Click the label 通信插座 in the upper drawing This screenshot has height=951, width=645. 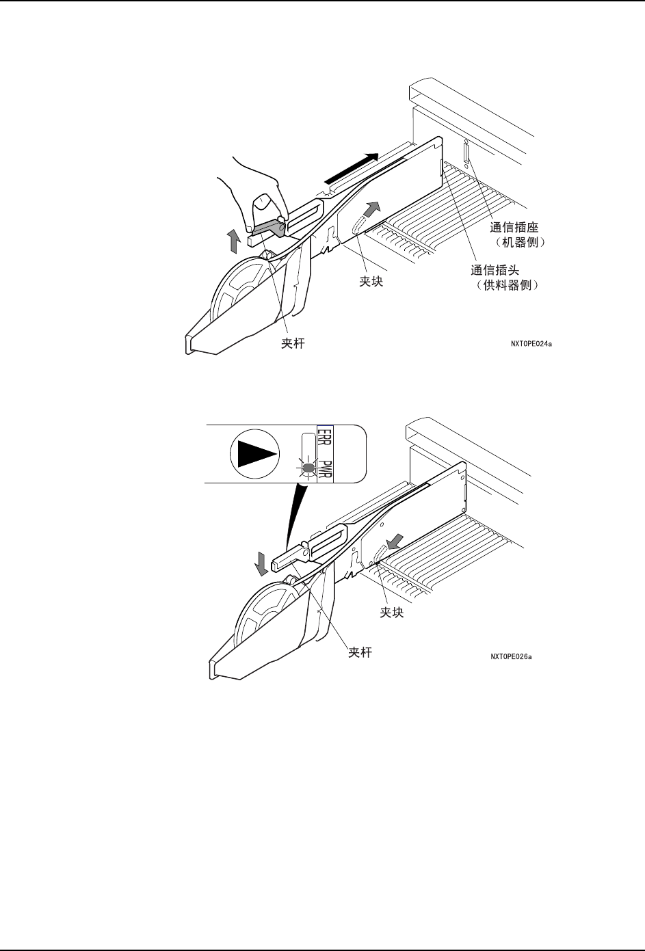point(514,228)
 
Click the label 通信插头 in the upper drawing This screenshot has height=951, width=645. point(495,270)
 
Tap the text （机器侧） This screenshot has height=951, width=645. point(519,243)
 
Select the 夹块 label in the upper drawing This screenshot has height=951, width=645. point(371,281)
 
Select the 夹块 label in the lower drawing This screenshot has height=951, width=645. point(392,613)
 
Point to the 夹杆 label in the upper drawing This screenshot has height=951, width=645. point(293,344)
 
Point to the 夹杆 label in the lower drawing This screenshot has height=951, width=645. point(360,652)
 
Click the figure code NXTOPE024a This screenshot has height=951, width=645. point(531,344)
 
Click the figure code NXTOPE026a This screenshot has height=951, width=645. point(511,657)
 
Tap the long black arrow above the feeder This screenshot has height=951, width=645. point(351,168)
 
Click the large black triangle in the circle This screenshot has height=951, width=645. point(257,453)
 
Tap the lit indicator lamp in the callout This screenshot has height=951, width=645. point(308,468)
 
